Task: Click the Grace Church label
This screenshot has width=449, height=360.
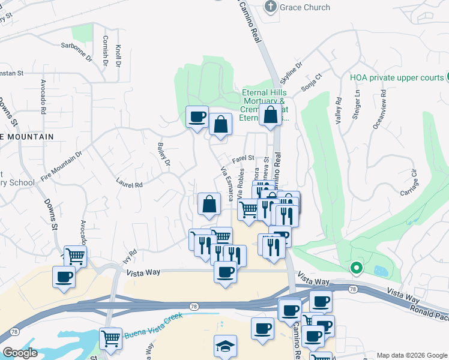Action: pos(306,7)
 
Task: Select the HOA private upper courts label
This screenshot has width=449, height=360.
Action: pos(396,77)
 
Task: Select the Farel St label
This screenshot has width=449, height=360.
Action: pos(244,158)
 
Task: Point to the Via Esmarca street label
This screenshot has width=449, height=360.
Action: pos(227,181)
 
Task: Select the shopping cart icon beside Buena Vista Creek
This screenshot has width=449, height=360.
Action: pos(110,338)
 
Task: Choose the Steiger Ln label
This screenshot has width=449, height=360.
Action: pos(357,103)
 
